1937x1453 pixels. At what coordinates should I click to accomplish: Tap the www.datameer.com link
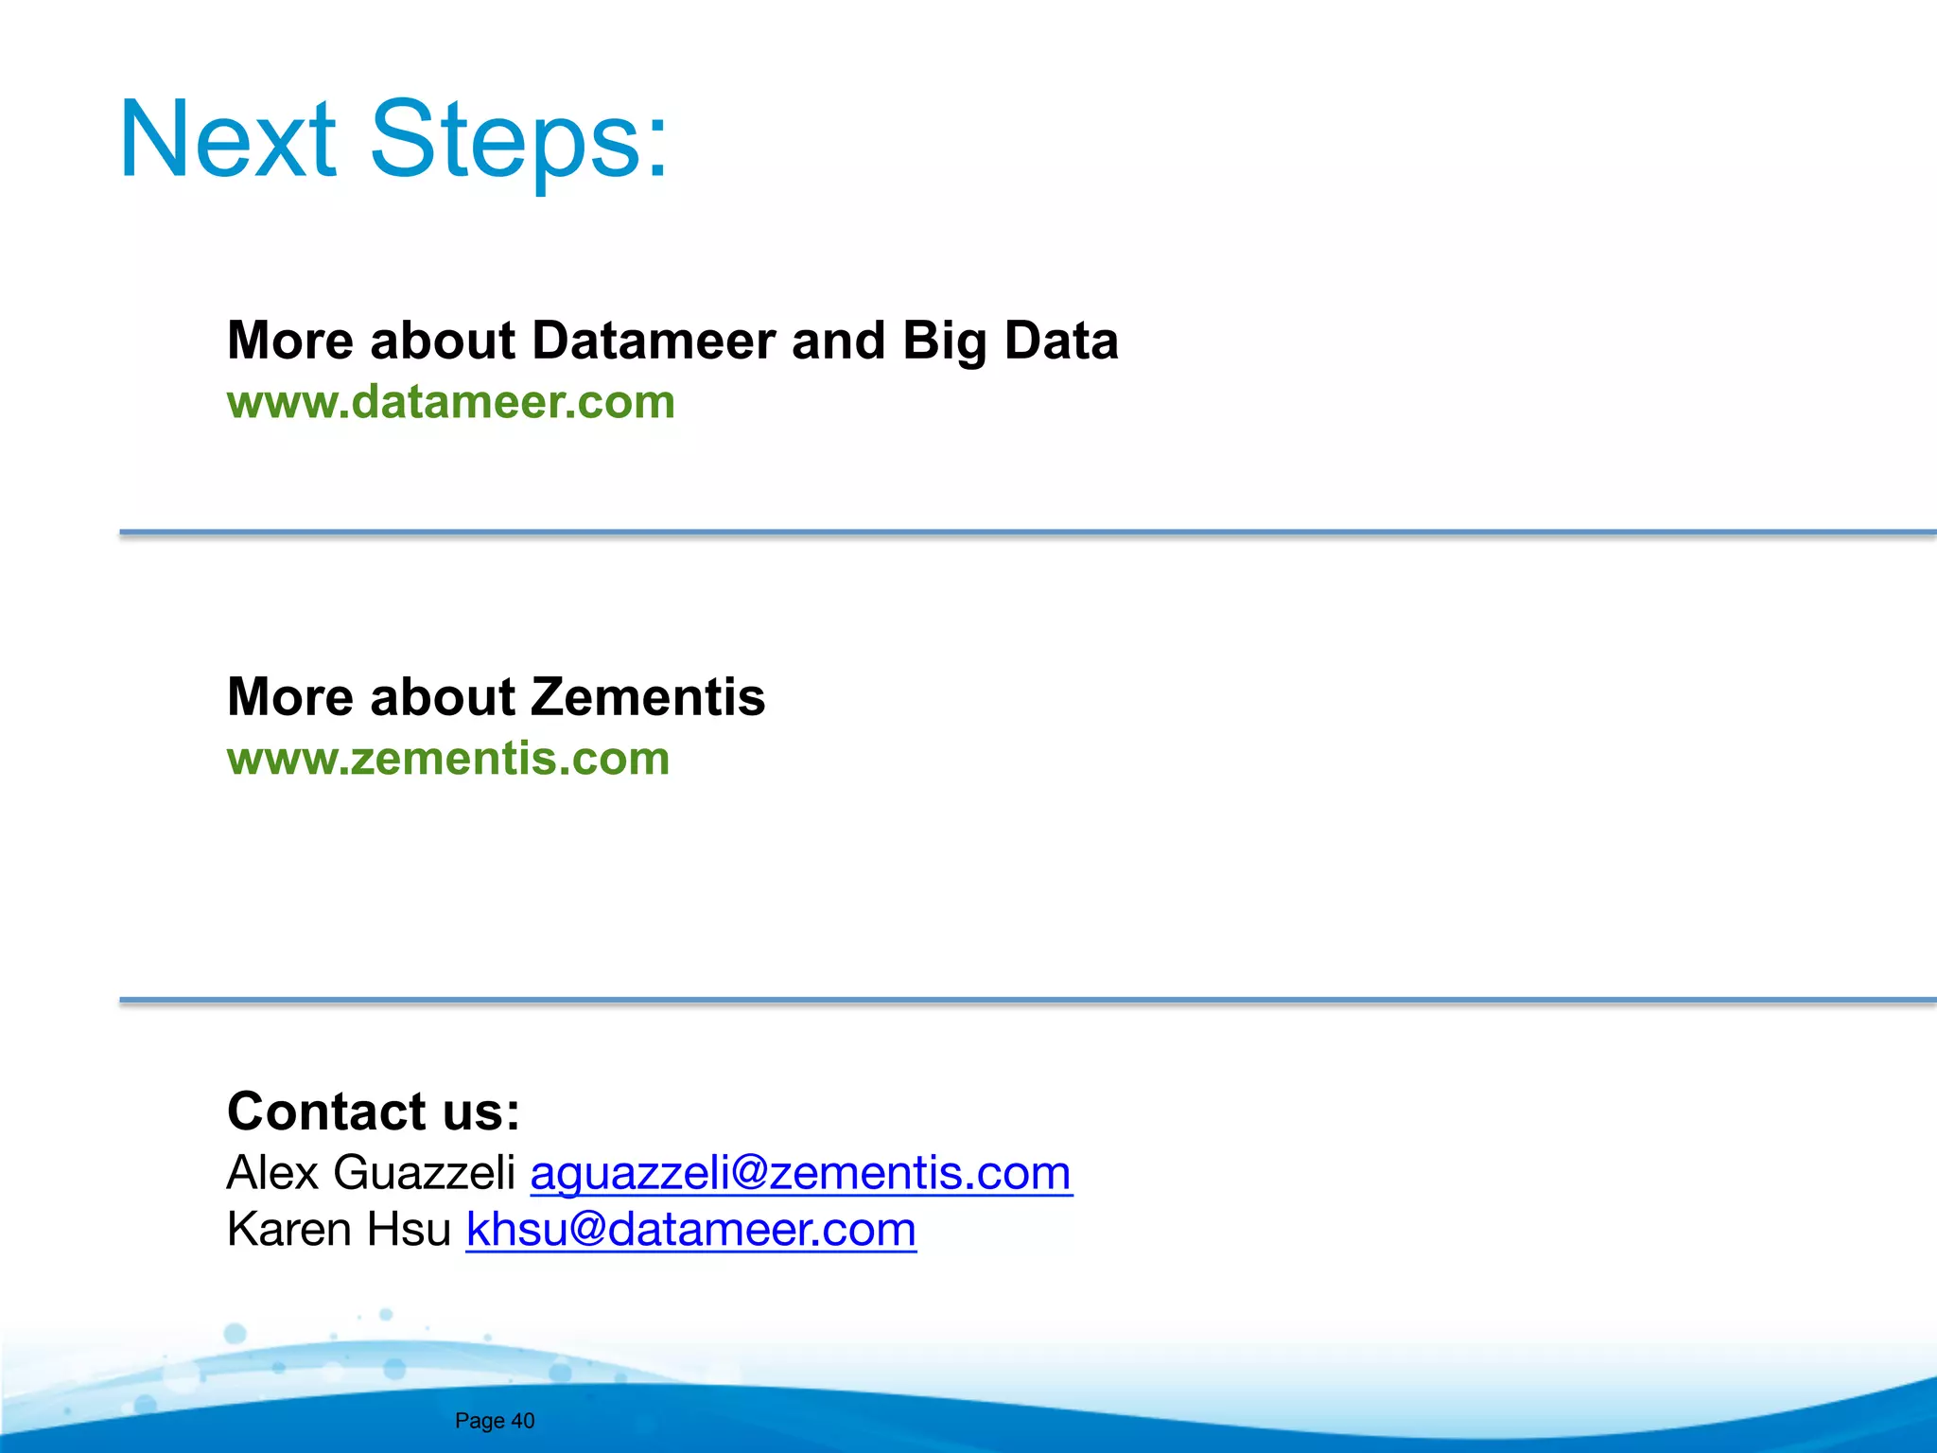click(x=451, y=402)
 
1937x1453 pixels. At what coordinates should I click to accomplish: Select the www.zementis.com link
click(x=448, y=759)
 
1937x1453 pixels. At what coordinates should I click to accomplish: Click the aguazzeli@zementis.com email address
click(x=800, y=1173)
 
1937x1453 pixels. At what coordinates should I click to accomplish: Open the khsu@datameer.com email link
click(x=690, y=1230)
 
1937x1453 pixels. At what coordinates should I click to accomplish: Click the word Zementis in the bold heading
click(x=648, y=697)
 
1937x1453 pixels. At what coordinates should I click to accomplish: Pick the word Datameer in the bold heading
click(x=654, y=341)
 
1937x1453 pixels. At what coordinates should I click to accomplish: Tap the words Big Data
click(x=1009, y=341)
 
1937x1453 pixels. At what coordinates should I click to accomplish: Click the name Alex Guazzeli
click(x=371, y=1173)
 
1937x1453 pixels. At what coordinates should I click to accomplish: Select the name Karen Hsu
click(x=339, y=1230)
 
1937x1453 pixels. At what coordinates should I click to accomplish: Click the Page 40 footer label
click(x=495, y=1421)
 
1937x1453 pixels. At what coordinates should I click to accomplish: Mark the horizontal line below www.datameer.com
click(x=1027, y=533)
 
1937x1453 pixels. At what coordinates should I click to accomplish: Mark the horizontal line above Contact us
click(x=1027, y=1000)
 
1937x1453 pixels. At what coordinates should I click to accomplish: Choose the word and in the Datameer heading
click(x=838, y=341)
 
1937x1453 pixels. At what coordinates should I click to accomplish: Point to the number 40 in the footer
click(x=523, y=1421)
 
